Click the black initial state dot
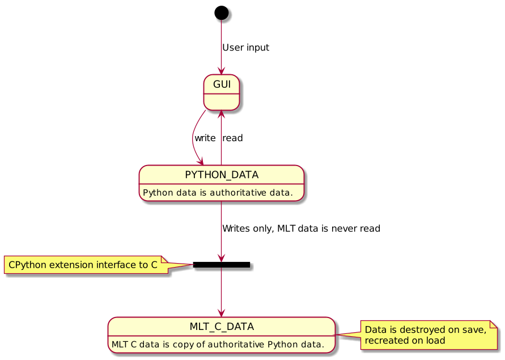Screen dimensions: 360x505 coord(221,12)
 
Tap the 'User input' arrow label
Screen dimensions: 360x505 coord(245,48)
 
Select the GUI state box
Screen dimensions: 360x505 coord(221,92)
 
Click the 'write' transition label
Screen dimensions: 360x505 coord(205,138)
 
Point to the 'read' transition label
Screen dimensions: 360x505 coord(232,138)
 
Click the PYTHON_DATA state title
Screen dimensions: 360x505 coord(222,175)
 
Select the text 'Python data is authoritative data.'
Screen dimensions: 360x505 coord(218,193)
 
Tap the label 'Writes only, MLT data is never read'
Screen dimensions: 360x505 coord(301,228)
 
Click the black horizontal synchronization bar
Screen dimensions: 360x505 coord(221,265)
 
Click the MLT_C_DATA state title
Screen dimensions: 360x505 coord(222,327)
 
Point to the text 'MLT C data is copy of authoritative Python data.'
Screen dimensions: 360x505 coord(218,344)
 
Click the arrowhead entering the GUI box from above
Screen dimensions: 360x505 coord(221,71)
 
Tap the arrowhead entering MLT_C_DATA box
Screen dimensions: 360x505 coord(221,314)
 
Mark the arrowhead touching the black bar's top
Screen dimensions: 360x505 coord(221,259)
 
